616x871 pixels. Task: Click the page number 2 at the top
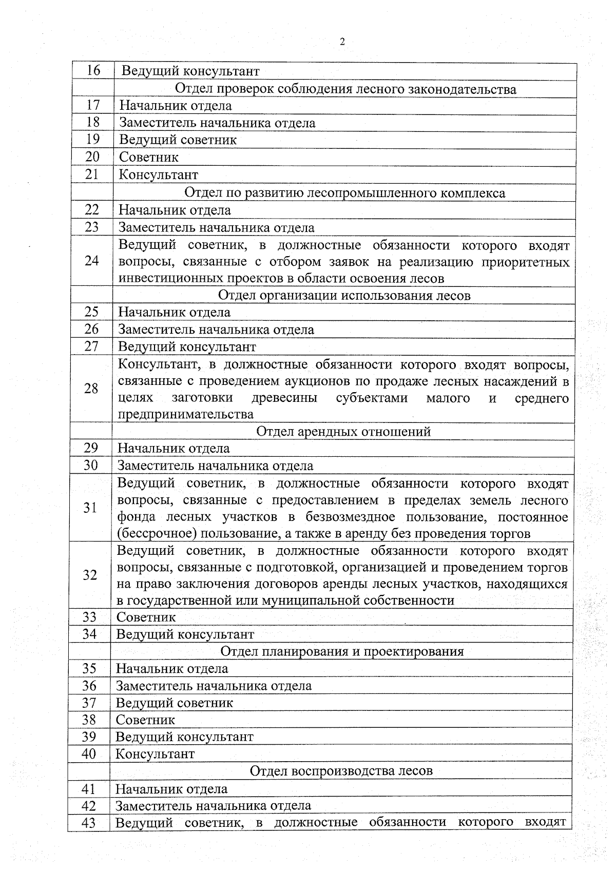342,42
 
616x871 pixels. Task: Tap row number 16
93,70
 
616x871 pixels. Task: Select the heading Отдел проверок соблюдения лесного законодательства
345,89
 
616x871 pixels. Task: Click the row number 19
92,139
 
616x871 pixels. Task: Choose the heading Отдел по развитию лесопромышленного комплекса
344,192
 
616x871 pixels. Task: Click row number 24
91,261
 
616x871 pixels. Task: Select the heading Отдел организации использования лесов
344,295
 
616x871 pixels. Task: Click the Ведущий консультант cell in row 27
187,346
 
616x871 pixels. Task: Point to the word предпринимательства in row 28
185,414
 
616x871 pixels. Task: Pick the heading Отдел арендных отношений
343,431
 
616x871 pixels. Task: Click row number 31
90,508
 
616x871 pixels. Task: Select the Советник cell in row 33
146,617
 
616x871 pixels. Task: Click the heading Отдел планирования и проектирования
342,651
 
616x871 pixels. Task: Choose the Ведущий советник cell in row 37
174,703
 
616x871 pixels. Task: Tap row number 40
89,754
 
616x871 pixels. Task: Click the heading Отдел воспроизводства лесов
341,770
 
